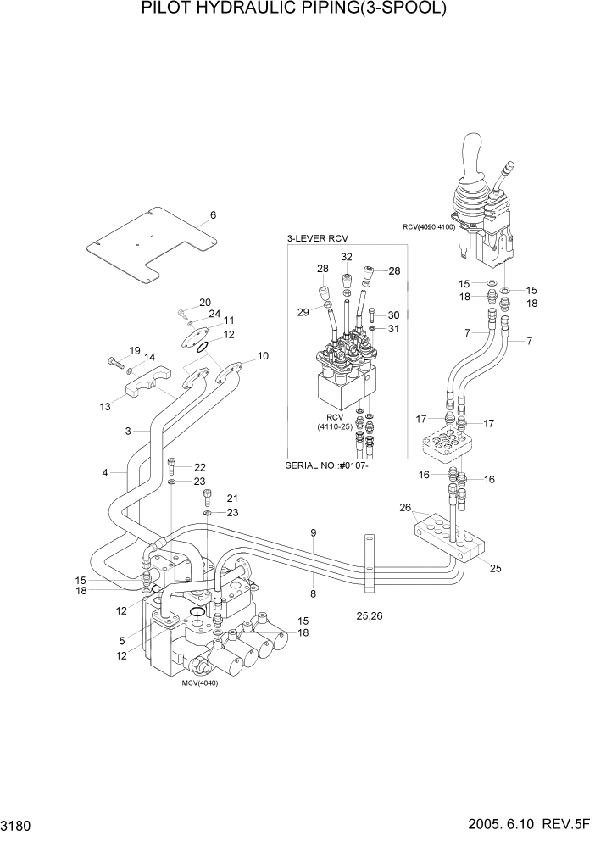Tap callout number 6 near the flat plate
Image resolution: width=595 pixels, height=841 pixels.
[213, 215]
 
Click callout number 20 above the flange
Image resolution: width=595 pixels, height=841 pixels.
[204, 303]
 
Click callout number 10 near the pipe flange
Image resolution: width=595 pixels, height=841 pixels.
[263, 356]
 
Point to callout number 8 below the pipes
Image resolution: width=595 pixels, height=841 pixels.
[313, 594]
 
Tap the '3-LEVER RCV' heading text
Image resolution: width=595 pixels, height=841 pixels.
[318, 238]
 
